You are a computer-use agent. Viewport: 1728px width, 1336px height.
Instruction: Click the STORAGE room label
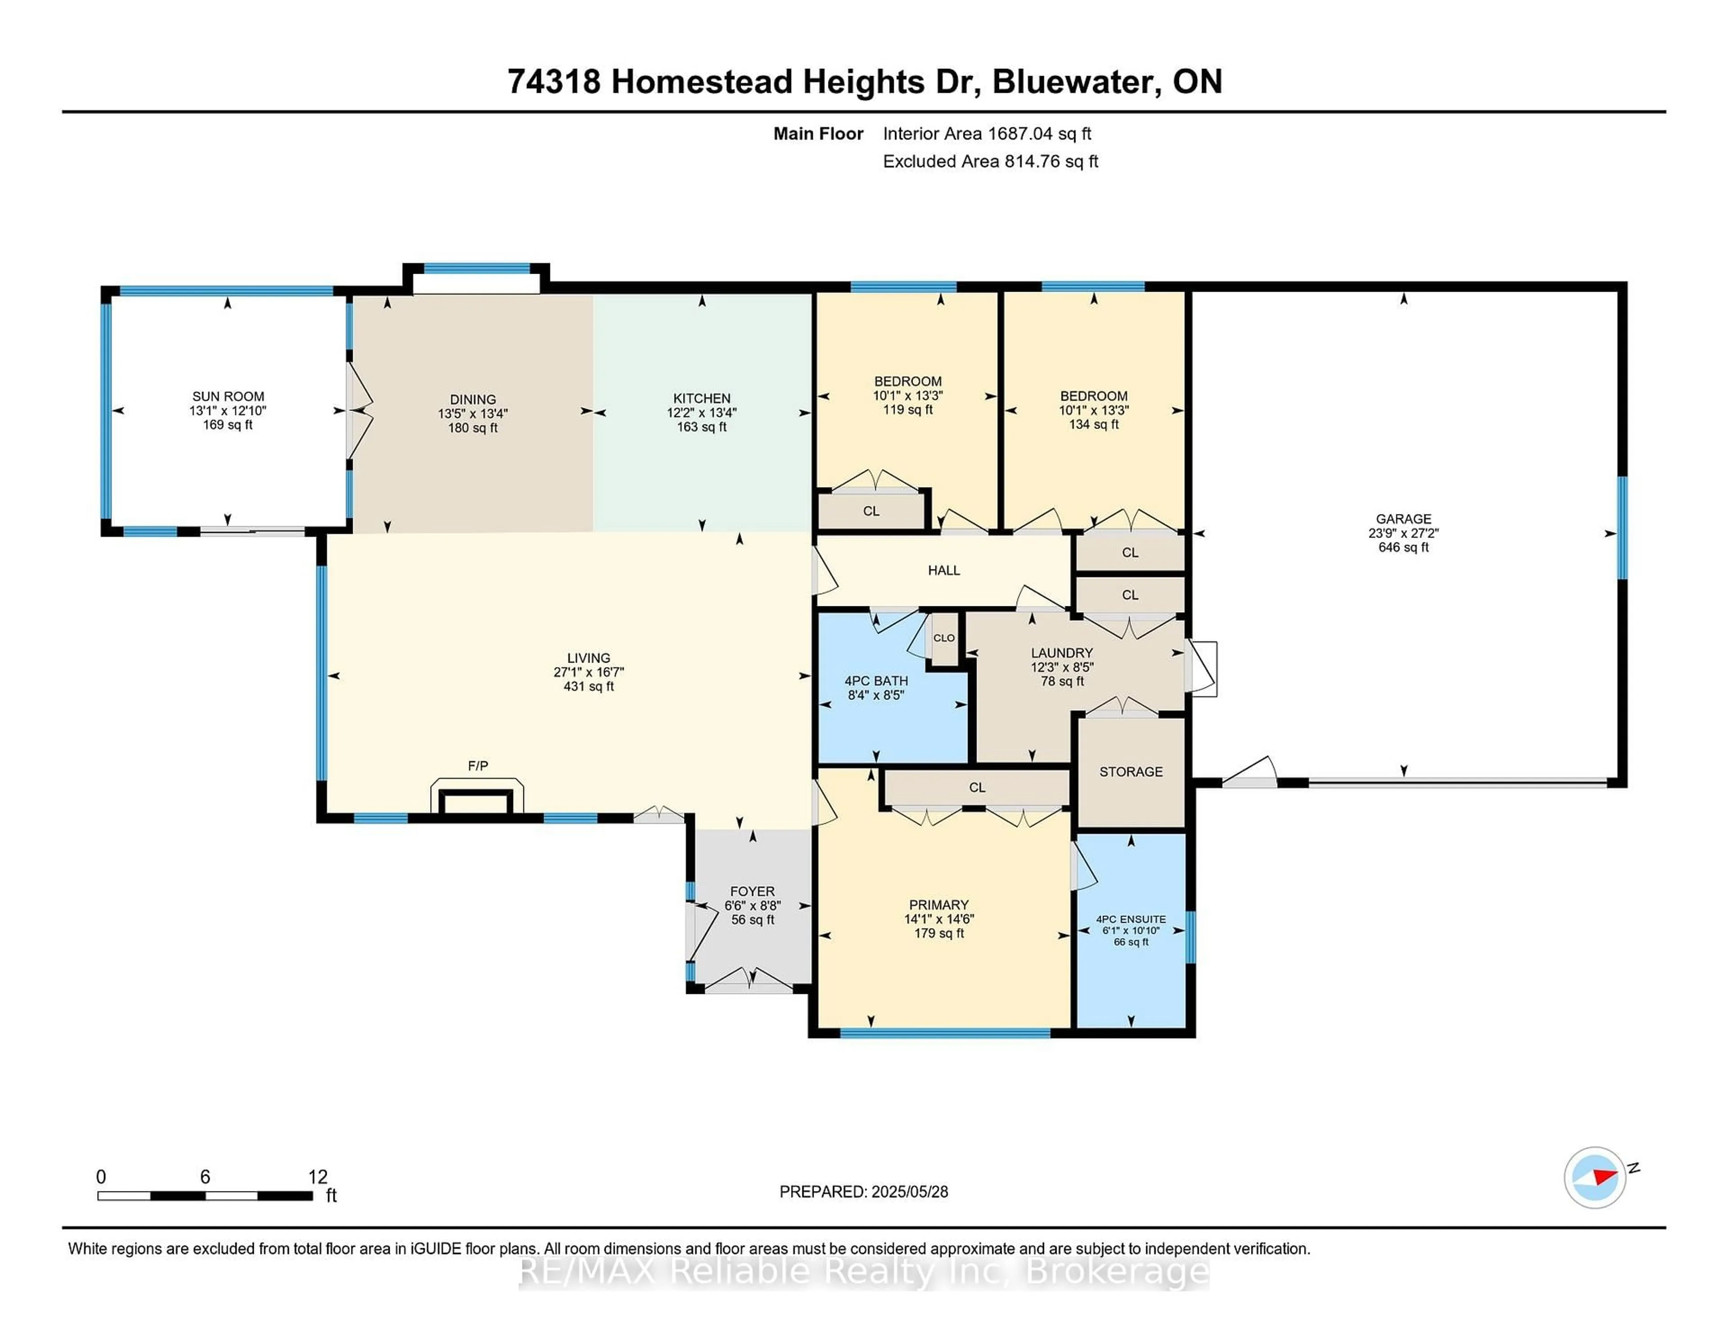[1131, 772]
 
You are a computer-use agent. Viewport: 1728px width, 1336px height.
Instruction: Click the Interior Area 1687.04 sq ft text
[987, 134]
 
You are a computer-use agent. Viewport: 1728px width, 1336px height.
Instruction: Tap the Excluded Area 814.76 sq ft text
[990, 162]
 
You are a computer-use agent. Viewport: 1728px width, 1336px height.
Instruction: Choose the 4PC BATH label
[876, 681]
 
